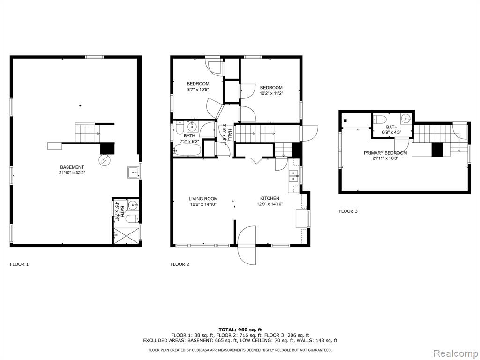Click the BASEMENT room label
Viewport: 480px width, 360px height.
pyautogui.click(x=72, y=167)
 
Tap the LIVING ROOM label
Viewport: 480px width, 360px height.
pyautogui.click(x=203, y=199)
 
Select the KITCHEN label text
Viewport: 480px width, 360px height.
pyautogui.click(x=270, y=198)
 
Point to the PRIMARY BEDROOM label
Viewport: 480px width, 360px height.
pyautogui.click(x=385, y=153)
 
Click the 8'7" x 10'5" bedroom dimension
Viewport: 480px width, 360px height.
pyautogui.click(x=198, y=90)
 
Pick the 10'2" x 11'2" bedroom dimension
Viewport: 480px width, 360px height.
pyautogui.click(x=271, y=93)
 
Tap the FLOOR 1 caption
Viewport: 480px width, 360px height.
pyautogui.click(x=19, y=264)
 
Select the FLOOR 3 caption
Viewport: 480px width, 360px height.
pyautogui.click(x=348, y=211)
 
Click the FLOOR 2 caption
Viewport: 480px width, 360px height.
pyautogui.click(x=180, y=264)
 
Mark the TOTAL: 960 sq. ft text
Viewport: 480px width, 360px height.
pyautogui.click(x=240, y=330)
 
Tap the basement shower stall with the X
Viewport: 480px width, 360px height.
pyautogui.click(x=127, y=235)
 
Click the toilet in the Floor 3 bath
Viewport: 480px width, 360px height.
pyautogui.click(x=381, y=119)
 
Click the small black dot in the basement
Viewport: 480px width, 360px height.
pyautogui.click(x=80, y=105)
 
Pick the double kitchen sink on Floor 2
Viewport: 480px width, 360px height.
pyautogui.click(x=294, y=176)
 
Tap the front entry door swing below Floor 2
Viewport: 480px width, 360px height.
pyautogui.click(x=247, y=246)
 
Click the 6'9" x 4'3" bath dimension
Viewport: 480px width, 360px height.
pyautogui.click(x=391, y=133)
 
